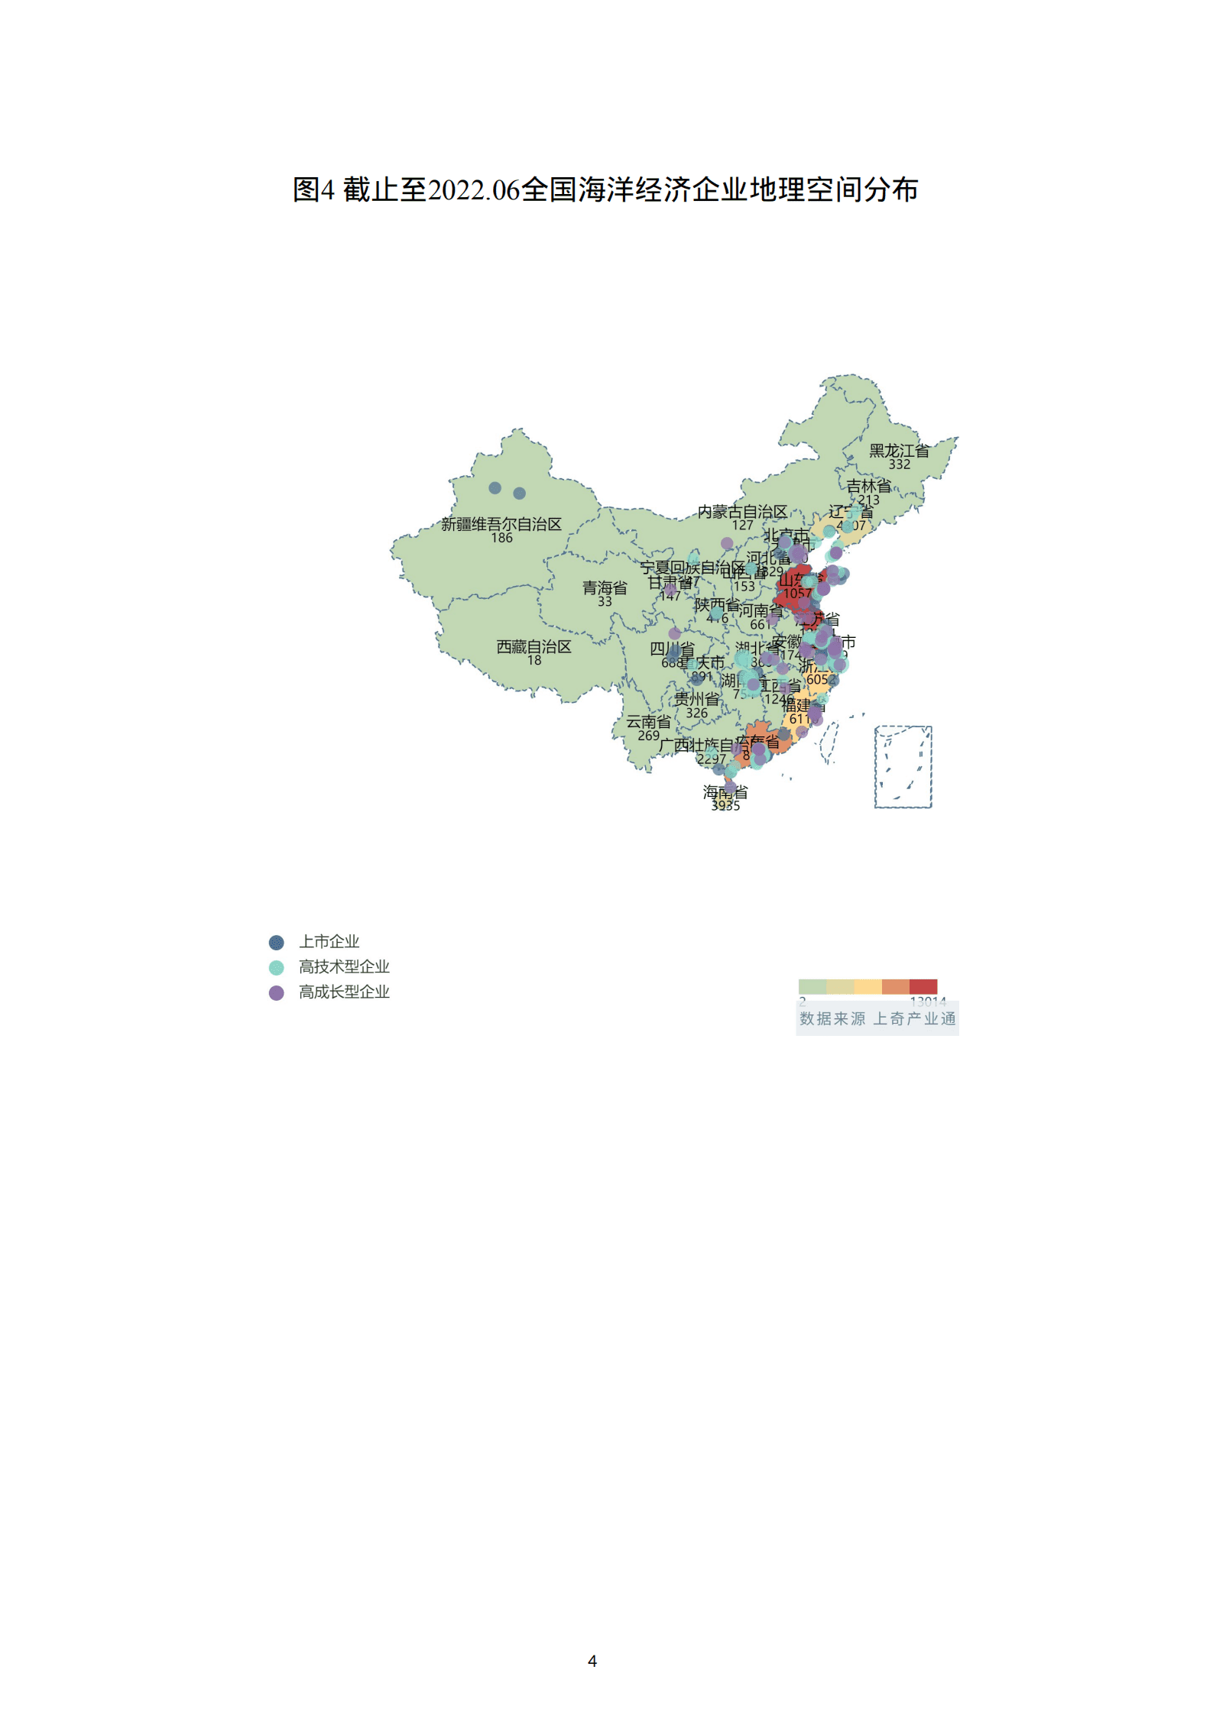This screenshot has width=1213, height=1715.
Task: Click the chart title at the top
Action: point(605,189)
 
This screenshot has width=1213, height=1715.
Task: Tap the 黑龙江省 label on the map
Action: point(899,451)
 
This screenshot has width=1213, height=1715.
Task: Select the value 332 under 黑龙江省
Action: point(899,464)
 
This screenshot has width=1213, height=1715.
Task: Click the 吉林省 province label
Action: point(868,486)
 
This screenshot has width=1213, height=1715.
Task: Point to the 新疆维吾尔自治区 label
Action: point(501,524)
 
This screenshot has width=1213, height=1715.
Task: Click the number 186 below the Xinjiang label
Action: point(501,538)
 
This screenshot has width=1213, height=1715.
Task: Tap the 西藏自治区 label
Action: point(534,647)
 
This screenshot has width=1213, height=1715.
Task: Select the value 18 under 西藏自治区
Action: point(534,660)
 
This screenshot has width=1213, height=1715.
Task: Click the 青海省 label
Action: point(605,587)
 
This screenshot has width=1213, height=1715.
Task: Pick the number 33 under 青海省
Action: point(605,601)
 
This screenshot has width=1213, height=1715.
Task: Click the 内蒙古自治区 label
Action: point(742,512)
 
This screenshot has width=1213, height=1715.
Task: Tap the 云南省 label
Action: point(648,722)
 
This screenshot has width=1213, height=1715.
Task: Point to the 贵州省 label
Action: point(696,699)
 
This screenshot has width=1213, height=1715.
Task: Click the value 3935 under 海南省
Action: point(725,805)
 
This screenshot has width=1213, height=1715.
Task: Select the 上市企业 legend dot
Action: point(277,943)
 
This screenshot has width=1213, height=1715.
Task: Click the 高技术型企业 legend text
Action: point(344,967)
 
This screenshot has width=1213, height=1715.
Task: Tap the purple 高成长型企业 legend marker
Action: point(277,992)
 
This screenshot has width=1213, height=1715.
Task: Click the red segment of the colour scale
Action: point(923,986)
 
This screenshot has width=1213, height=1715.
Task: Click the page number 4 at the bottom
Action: point(592,1661)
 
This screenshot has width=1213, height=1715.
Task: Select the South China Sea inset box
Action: point(903,766)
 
